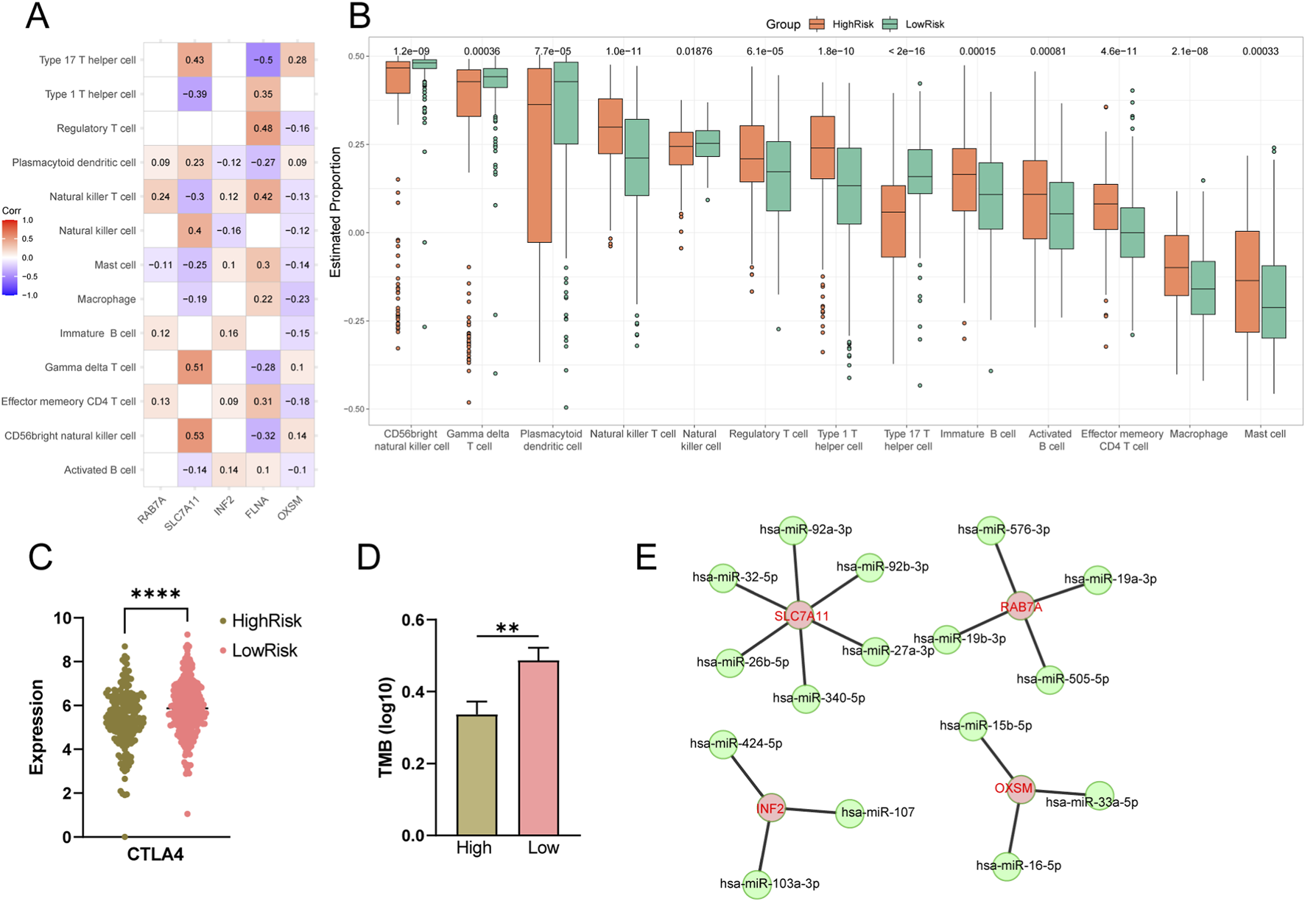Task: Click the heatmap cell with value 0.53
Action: tap(194, 436)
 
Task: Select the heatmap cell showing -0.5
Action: tap(263, 60)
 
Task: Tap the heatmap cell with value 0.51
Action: tap(194, 367)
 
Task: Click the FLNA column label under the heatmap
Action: tap(257, 507)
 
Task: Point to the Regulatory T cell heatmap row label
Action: tap(96, 129)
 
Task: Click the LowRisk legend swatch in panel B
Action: tap(890, 24)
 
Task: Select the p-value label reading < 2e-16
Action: tap(907, 52)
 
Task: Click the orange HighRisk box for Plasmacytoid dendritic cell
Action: tap(540, 155)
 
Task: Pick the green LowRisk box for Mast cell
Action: tap(1273, 302)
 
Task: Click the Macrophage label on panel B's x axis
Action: tap(1198, 434)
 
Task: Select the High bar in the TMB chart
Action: tap(476, 774)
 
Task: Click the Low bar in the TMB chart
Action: tap(538, 747)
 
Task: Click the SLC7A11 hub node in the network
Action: tap(800, 615)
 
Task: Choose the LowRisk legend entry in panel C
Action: tap(264, 651)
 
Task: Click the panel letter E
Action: tap(646, 557)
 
